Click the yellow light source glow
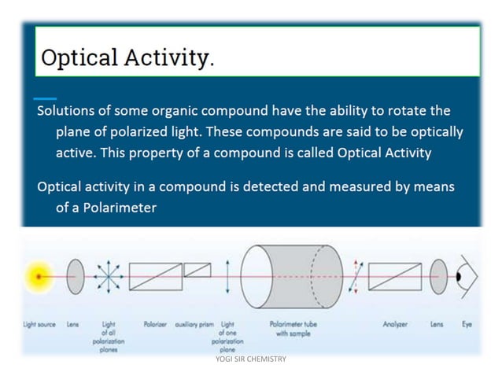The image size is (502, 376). pyautogui.click(x=36, y=278)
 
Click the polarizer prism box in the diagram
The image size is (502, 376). pyautogui.click(x=155, y=278)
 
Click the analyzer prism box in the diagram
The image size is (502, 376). pyautogui.click(x=394, y=278)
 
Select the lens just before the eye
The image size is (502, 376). pyautogui.click(x=437, y=278)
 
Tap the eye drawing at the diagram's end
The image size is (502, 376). pyautogui.click(x=466, y=278)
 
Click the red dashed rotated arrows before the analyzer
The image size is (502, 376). pyautogui.click(x=356, y=277)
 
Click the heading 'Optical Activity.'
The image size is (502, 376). pyautogui.click(x=127, y=57)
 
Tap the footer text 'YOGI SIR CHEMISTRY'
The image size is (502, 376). pyautogui.click(x=251, y=359)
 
